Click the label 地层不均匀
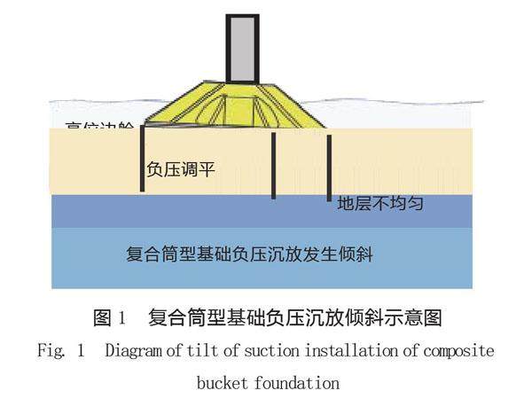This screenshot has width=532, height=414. (379, 203)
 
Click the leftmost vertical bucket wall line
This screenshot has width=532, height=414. (142, 160)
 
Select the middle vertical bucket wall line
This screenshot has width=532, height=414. (273, 166)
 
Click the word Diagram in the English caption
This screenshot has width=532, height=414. (132, 350)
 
